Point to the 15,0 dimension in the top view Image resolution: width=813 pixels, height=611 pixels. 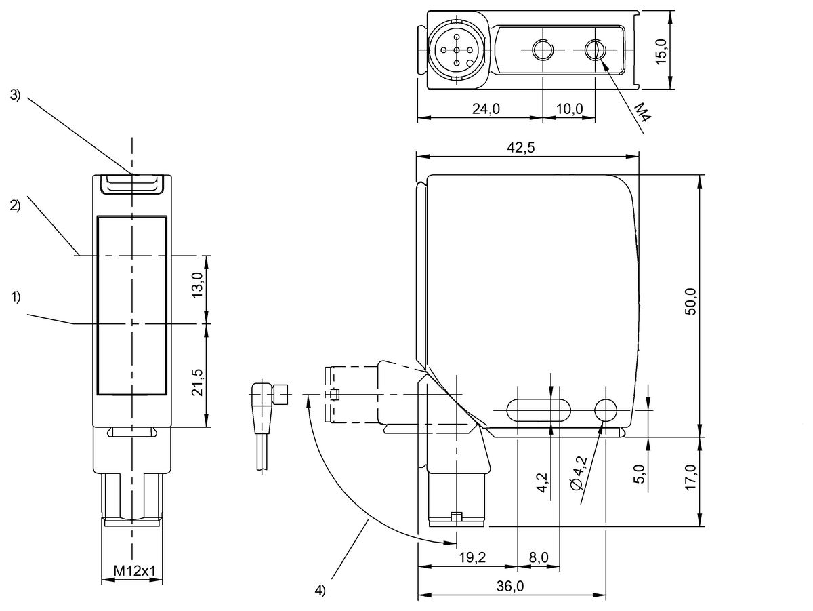662,50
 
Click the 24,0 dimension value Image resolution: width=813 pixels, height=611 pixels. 485,109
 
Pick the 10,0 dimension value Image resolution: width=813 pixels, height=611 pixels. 569,109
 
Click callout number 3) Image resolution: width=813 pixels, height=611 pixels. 16,96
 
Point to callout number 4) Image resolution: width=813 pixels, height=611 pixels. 320,590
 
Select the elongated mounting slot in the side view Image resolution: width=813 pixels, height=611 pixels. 538,408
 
